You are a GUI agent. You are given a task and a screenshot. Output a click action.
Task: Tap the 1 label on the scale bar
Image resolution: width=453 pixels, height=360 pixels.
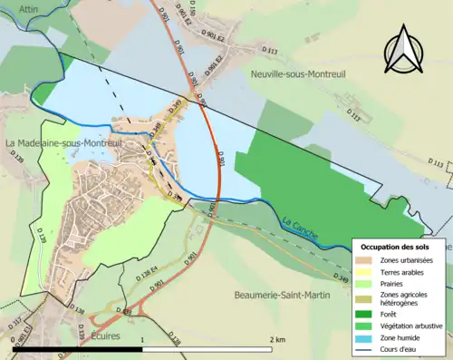142,339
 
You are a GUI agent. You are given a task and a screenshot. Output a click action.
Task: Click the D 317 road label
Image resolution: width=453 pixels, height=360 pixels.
18,323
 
